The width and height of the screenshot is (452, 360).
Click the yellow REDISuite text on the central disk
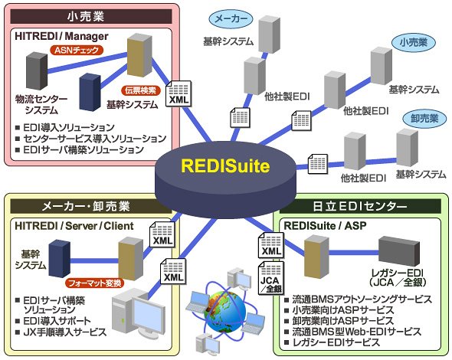pos(225,166)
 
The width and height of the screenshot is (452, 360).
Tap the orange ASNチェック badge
pos(77,50)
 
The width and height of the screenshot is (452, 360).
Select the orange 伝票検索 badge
pos(141,90)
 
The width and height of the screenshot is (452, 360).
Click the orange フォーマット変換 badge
pos(94,283)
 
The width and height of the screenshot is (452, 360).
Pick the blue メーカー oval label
pos(231,18)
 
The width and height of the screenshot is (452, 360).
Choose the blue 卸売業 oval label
pos(424,119)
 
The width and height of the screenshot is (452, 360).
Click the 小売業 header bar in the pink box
pos(91,16)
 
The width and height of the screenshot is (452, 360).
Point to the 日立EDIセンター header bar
pos(360,206)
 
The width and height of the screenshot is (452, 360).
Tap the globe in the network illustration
pos(224,313)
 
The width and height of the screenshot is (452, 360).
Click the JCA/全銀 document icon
pos(270,278)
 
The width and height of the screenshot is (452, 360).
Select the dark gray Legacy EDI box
pos(399,251)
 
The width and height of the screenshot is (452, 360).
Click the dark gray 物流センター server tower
pos(37,71)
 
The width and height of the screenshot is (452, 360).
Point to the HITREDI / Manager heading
pos(61,36)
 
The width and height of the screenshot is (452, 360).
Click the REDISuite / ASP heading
pos(325,226)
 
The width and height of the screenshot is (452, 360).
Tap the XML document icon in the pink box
pos(179,93)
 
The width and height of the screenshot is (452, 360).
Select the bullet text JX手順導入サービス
pos(65,332)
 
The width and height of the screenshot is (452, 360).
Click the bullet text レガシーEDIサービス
pos(336,342)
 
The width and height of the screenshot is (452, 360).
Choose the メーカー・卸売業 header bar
pos(91,206)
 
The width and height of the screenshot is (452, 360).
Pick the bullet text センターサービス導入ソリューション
pos(95,139)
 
